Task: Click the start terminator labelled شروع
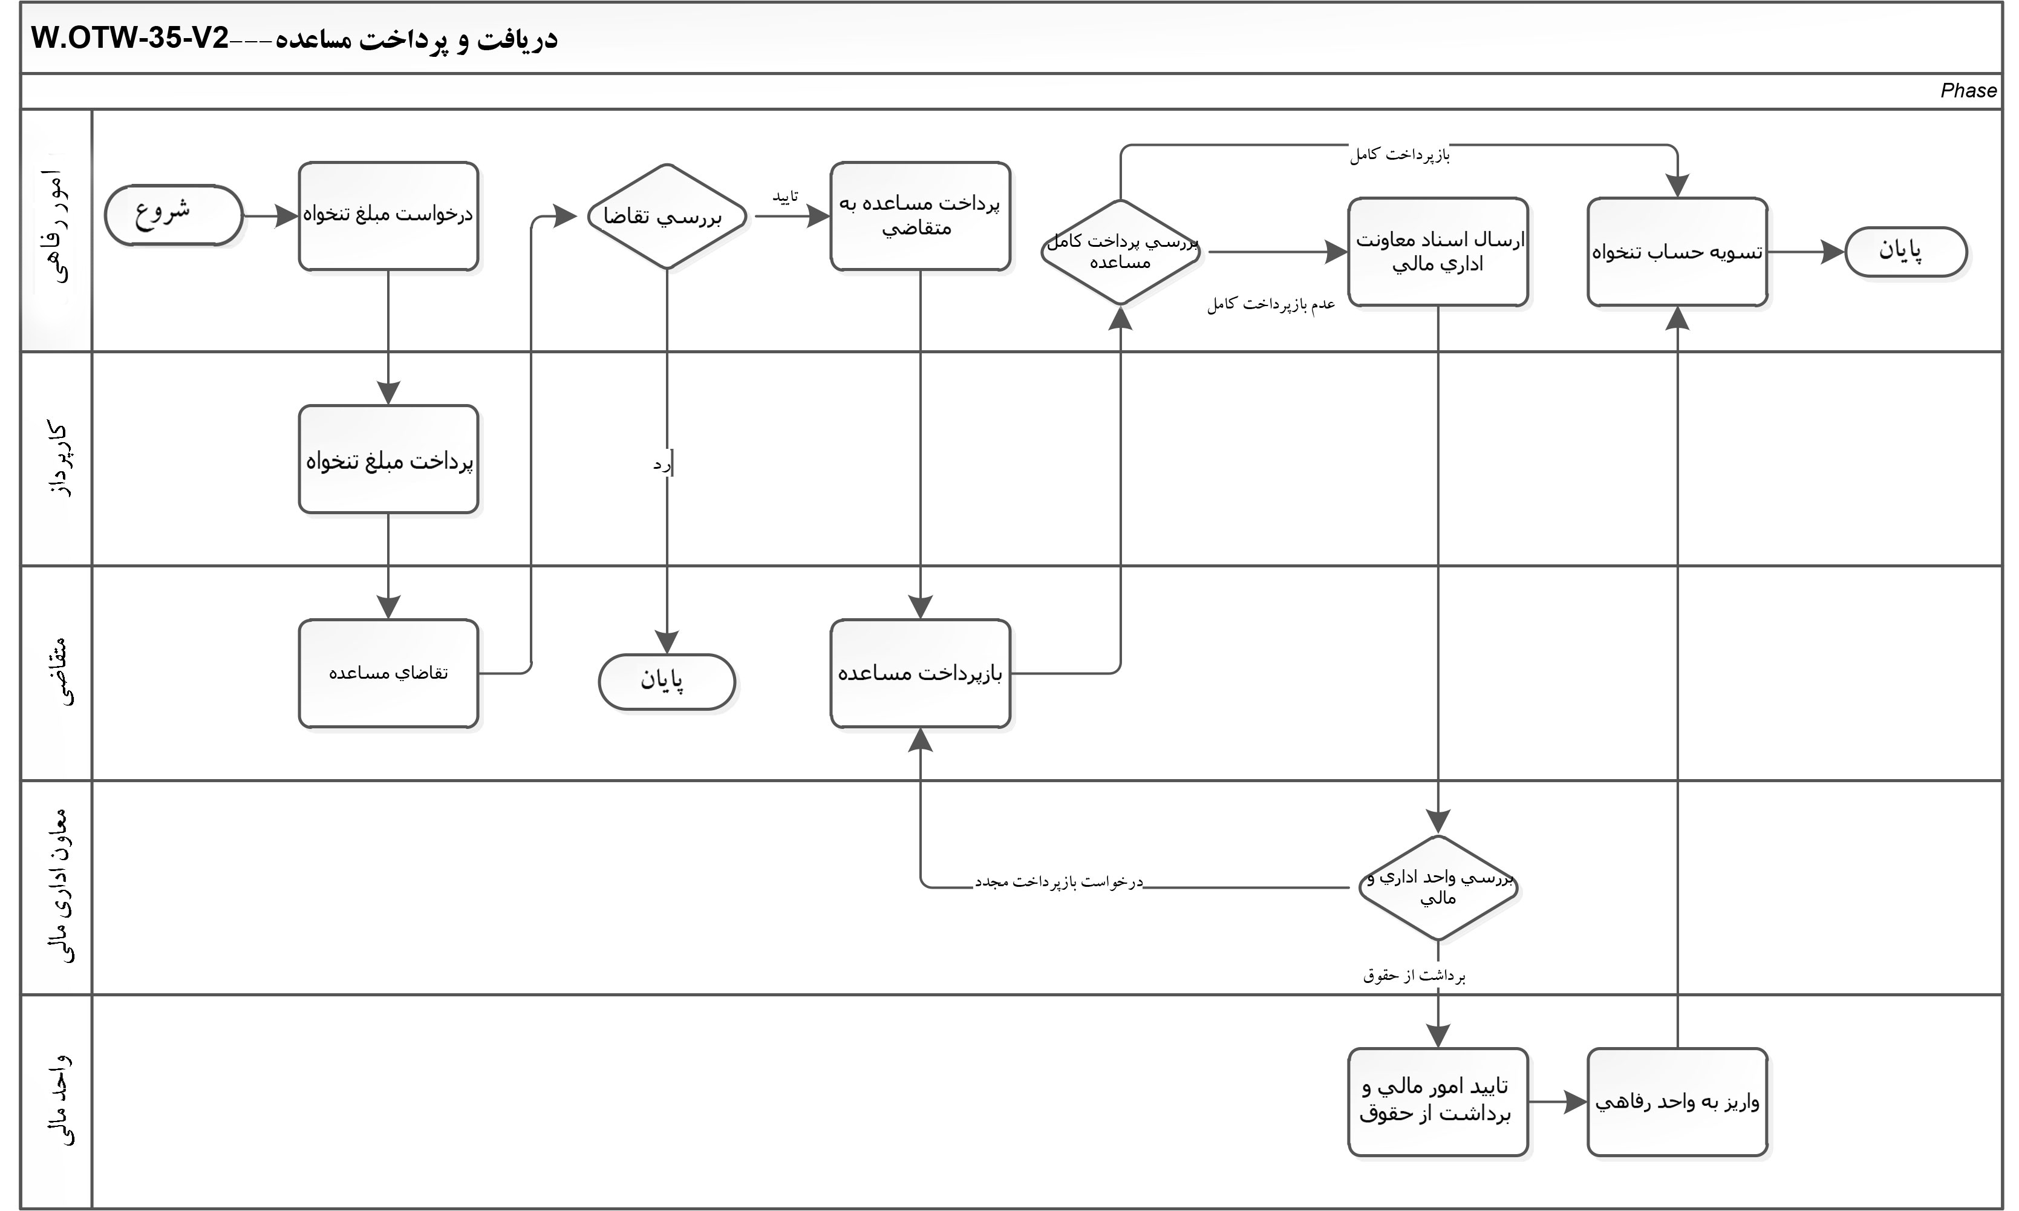pos(173,215)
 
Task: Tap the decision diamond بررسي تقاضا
pos(667,217)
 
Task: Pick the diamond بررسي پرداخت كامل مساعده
pos(1121,252)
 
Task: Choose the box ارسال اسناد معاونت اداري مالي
pos(1437,252)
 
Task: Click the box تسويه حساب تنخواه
pos(1677,252)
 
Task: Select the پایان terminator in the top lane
pos(1906,252)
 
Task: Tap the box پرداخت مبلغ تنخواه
pos(388,460)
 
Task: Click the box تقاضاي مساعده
pos(388,673)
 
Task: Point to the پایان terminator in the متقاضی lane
pos(667,681)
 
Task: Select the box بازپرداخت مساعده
pos(920,673)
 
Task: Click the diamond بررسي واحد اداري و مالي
pos(1437,887)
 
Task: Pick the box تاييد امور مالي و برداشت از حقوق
pos(1437,1102)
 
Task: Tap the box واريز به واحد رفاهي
pos(1677,1102)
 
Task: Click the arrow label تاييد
pos(784,197)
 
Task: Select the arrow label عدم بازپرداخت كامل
pos(1271,304)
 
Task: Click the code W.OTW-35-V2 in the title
pos(131,38)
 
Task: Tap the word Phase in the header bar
pos(1968,91)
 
